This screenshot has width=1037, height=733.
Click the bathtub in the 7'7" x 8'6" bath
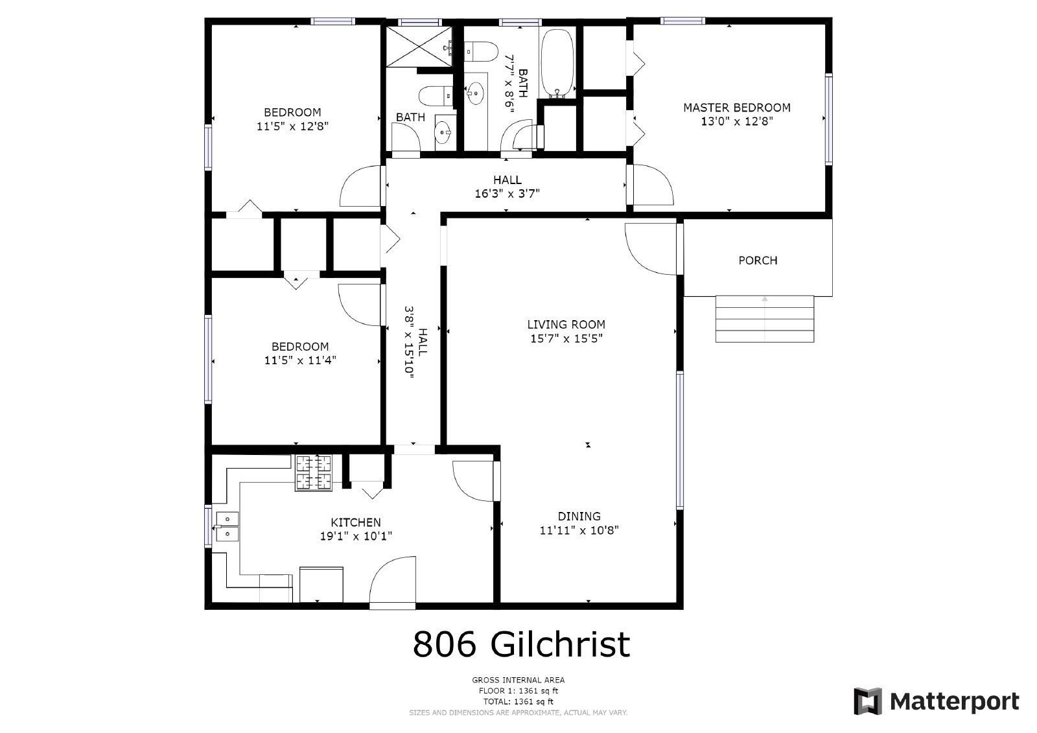(x=557, y=62)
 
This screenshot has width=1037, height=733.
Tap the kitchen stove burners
(x=314, y=472)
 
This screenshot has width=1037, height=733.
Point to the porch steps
(x=765, y=319)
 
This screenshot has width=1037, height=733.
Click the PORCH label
(x=758, y=261)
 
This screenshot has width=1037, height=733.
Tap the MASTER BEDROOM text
(x=737, y=108)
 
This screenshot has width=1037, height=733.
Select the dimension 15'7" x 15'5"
(x=566, y=338)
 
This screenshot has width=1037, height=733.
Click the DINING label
(x=579, y=517)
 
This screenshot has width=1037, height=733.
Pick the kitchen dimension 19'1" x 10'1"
(x=356, y=537)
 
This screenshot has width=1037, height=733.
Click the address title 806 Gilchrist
(x=521, y=644)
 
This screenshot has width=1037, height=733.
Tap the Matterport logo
(x=936, y=701)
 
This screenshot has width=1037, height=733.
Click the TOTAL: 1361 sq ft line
(x=518, y=701)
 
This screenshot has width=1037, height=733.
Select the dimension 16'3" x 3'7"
(x=507, y=193)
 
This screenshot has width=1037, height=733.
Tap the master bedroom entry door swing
(x=652, y=185)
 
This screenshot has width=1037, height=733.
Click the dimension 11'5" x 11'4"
(x=300, y=361)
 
